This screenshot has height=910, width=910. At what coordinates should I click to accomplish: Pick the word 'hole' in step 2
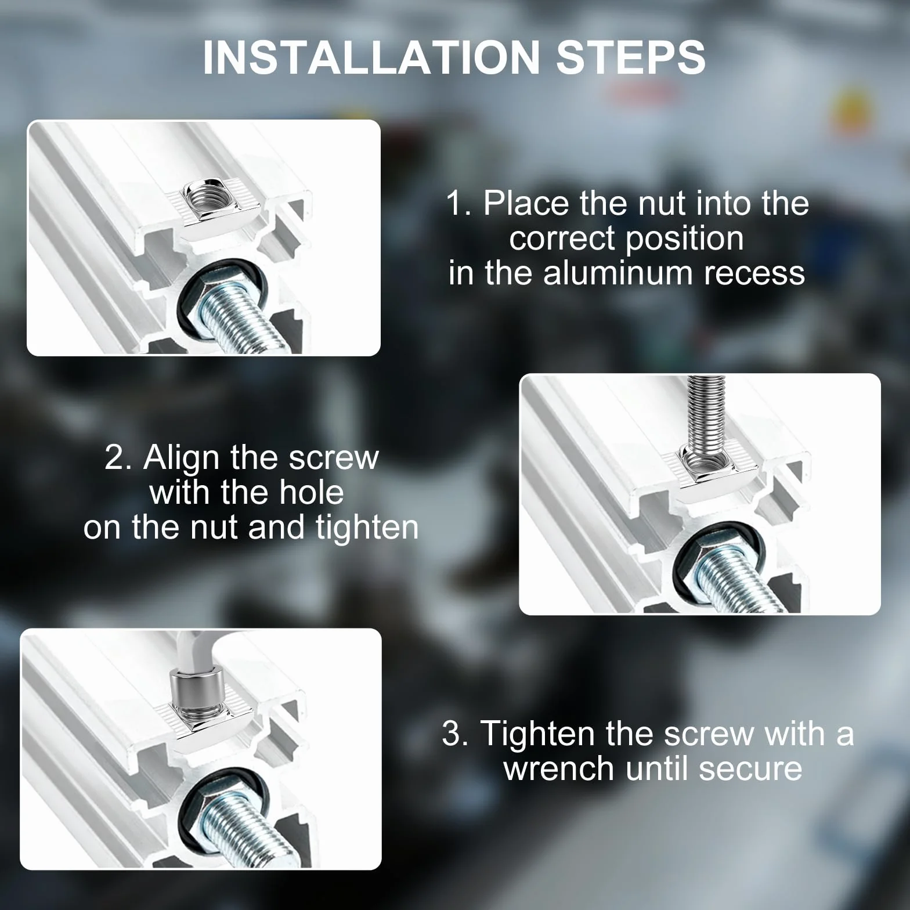coord(311,493)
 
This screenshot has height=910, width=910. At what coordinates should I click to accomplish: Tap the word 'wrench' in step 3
coord(558,769)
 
